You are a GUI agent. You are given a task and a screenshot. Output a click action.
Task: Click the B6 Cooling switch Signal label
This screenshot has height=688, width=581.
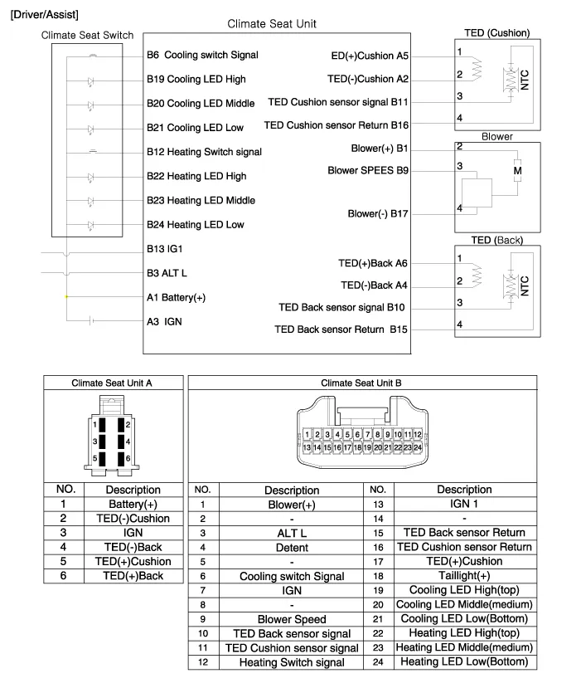(x=202, y=55)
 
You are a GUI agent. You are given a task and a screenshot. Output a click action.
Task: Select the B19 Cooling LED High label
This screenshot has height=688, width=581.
(x=196, y=80)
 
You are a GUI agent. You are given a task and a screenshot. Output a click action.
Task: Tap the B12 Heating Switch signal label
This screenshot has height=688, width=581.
(x=204, y=152)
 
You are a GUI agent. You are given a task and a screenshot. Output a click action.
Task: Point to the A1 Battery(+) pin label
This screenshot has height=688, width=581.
(x=176, y=297)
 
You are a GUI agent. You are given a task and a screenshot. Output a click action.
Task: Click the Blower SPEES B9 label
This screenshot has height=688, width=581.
(x=368, y=170)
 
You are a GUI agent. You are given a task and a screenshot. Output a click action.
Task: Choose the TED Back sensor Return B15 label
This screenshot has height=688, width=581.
(x=341, y=329)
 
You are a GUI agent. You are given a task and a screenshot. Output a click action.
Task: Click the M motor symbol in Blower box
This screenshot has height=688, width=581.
(x=518, y=171)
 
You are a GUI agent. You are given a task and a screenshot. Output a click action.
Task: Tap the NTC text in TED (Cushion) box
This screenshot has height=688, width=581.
(x=525, y=80)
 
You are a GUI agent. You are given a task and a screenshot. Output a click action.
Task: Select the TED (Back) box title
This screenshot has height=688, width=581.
(x=496, y=240)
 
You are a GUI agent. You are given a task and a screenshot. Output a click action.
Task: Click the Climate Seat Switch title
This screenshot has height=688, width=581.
(x=87, y=36)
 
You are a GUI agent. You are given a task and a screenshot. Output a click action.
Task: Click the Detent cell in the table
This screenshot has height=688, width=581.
(x=292, y=548)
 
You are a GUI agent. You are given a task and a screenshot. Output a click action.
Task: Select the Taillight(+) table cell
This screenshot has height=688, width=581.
(x=464, y=576)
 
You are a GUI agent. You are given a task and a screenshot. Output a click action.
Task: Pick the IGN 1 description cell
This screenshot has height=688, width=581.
(x=464, y=504)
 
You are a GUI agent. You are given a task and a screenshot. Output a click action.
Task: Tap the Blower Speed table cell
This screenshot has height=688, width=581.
(x=292, y=619)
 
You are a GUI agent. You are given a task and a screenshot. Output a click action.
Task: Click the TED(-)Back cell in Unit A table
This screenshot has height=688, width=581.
(x=133, y=547)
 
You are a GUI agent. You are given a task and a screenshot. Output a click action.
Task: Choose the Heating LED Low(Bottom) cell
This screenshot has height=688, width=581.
(x=464, y=661)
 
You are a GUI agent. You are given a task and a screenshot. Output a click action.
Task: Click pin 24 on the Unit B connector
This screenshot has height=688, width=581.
(x=419, y=447)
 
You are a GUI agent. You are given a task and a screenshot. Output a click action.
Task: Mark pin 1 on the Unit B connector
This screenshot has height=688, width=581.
(x=307, y=434)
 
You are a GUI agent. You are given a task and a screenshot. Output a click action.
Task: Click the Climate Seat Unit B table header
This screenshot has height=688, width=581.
(x=361, y=383)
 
